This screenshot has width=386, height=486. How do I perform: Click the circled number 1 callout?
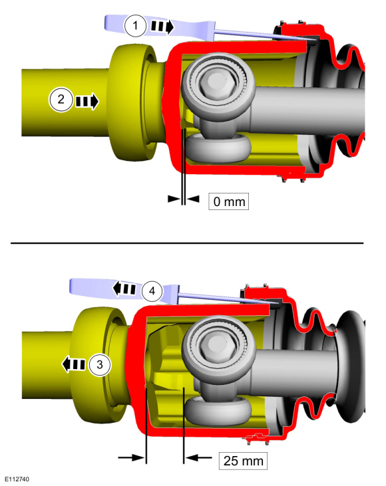coord(136,26)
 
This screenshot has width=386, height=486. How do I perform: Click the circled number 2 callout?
coord(61,100)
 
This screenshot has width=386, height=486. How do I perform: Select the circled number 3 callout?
coord(99,364)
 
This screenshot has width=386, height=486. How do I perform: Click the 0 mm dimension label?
coord(228,200)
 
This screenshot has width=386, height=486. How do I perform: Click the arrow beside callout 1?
coord(162,27)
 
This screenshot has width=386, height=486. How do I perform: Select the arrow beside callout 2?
coord(87,101)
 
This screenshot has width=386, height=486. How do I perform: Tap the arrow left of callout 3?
coord(73,364)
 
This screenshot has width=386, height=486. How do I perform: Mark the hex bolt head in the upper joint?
coord(215,82)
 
